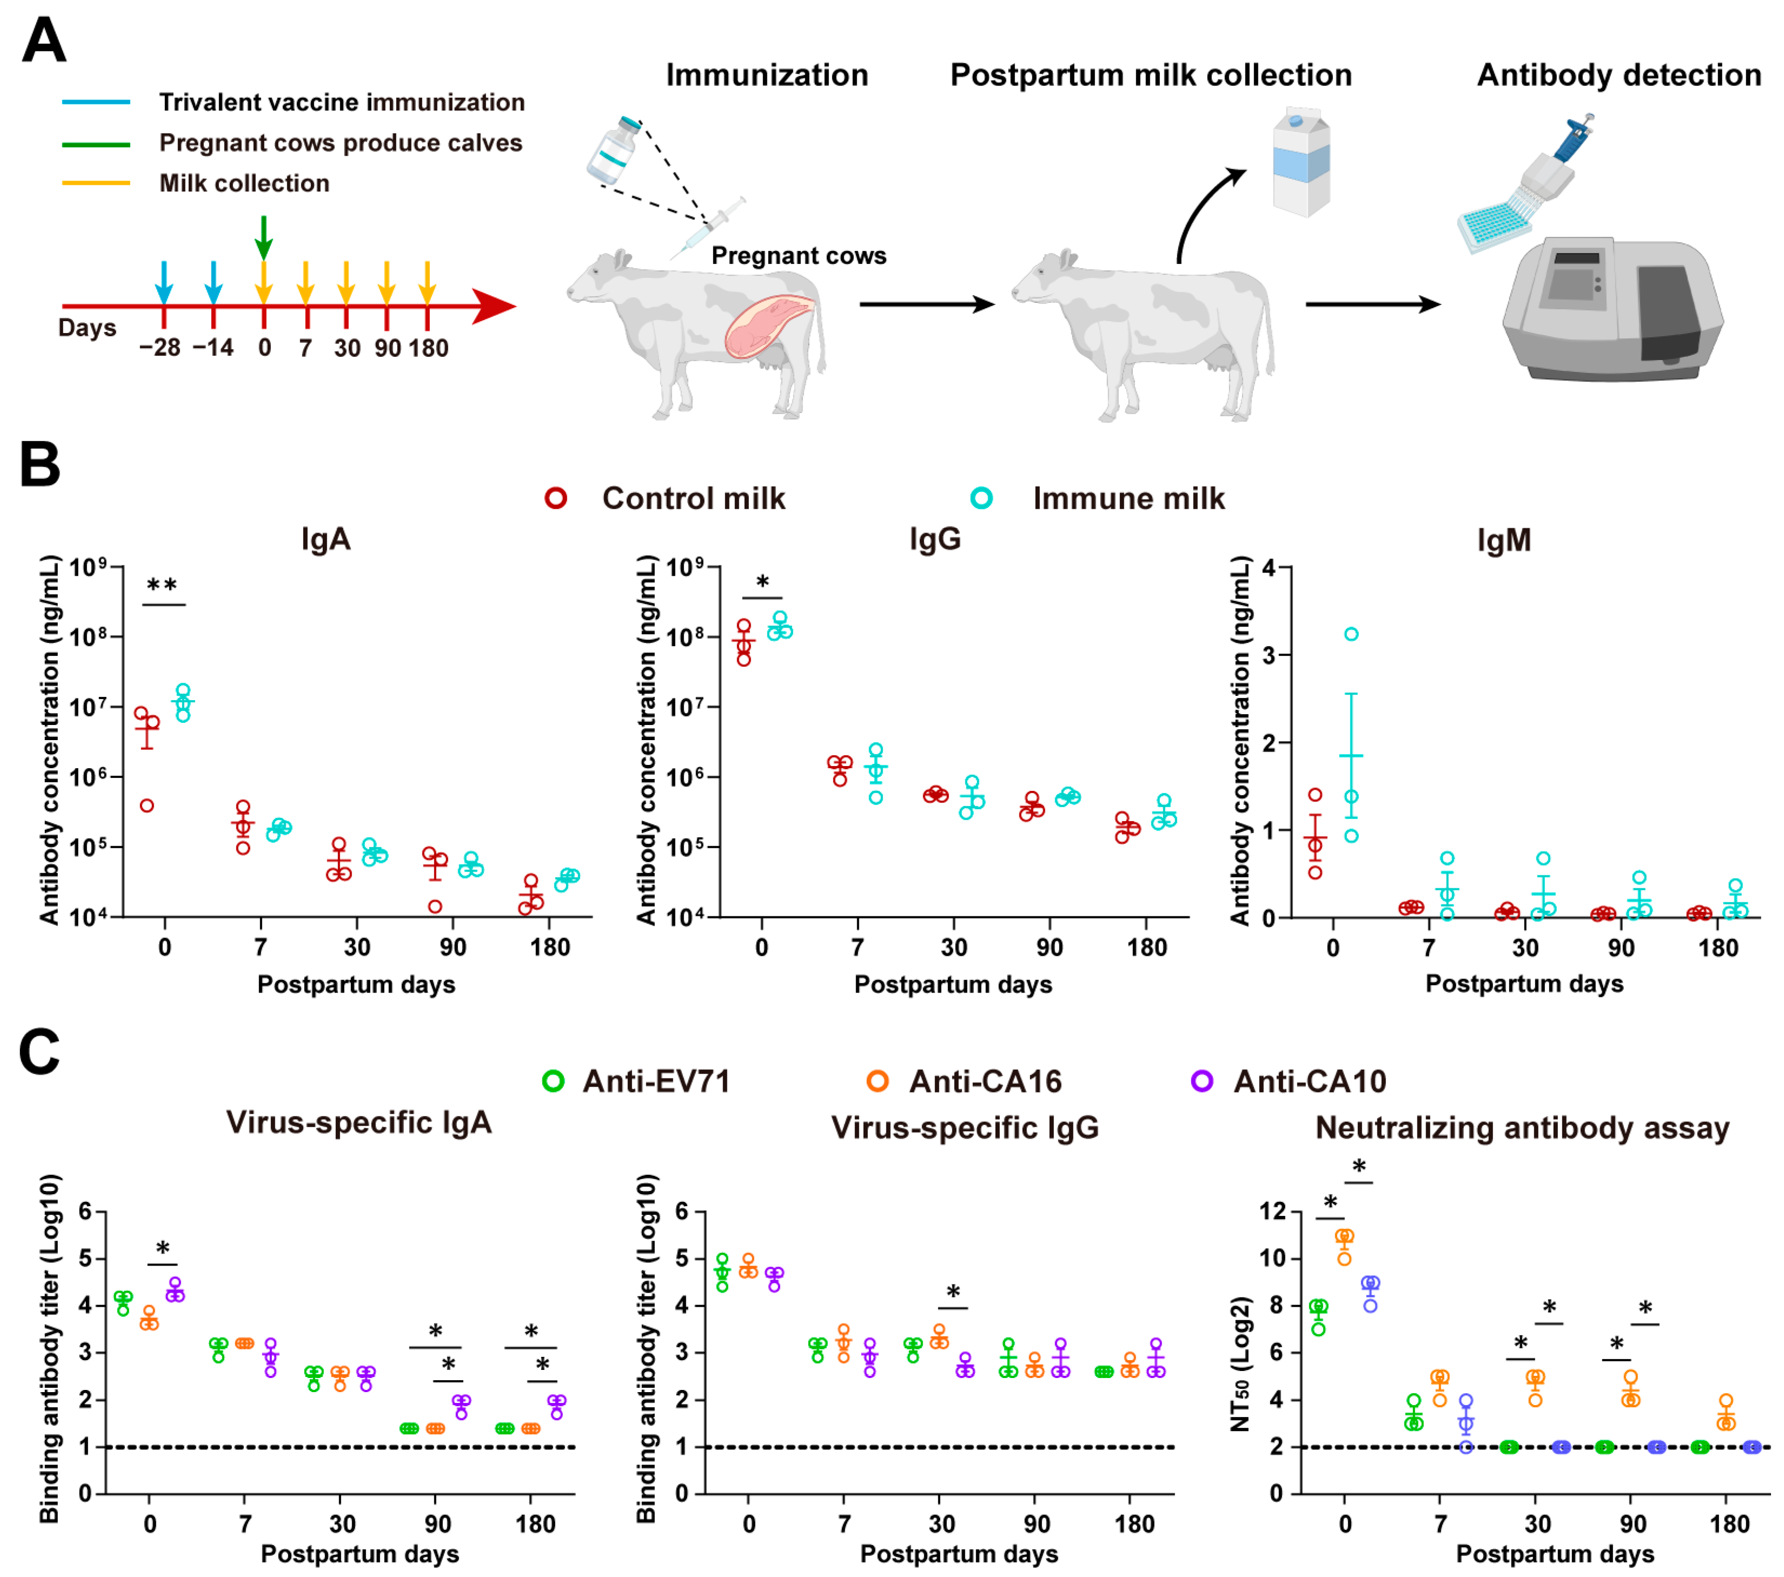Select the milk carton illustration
tap(1301, 162)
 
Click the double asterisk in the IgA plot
tap(162, 585)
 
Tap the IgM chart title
tap(1503, 540)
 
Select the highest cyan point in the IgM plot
tap(1351, 634)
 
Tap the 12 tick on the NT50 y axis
tap(1272, 1210)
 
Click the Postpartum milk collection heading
tap(1150, 75)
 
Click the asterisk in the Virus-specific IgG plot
tap(953, 1292)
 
